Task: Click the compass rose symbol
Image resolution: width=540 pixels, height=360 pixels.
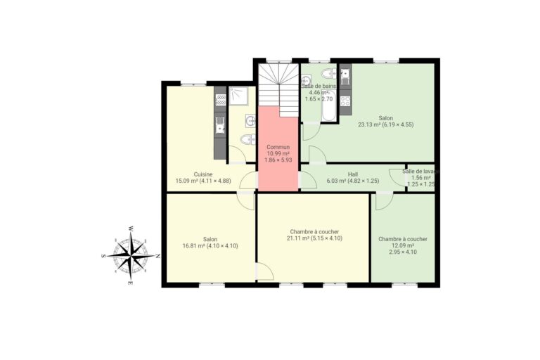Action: coord(131,255)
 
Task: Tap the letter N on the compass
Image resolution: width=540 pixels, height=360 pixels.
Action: coord(157,256)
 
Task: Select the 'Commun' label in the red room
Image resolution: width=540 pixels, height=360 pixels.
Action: coord(278,147)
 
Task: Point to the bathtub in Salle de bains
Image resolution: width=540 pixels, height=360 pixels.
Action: coord(328,112)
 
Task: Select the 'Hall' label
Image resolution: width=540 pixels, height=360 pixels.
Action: coord(353,174)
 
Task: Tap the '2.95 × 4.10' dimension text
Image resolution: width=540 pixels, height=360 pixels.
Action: coord(402,252)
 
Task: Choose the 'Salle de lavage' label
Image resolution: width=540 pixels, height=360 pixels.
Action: coord(420,171)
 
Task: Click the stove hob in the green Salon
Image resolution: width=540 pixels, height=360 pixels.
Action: coord(345,101)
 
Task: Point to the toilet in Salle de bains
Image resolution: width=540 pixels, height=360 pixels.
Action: coord(328,73)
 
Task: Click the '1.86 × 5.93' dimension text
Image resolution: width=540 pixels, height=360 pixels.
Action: coord(278,160)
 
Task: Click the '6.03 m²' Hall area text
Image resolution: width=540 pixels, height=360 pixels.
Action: coord(337,181)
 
